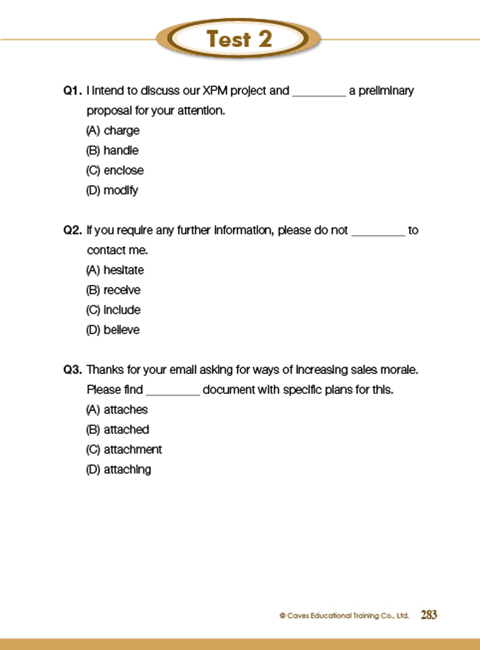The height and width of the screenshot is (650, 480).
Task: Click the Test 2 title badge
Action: click(239, 40)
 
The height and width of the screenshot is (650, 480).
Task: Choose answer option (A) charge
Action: click(113, 131)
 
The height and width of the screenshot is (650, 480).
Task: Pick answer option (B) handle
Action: click(112, 150)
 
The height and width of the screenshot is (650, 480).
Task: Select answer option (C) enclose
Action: click(115, 170)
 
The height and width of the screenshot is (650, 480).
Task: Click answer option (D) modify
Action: click(112, 190)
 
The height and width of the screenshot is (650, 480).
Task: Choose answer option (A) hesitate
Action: click(115, 270)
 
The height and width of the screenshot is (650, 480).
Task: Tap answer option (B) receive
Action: click(113, 290)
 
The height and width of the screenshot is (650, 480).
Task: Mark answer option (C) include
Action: click(113, 310)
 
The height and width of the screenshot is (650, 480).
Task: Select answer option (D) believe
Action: click(113, 330)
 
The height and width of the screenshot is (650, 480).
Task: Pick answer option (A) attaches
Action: click(116, 409)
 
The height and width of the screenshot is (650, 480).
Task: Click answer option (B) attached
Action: click(117, 429)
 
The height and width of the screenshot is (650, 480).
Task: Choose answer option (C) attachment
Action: click(124, 449)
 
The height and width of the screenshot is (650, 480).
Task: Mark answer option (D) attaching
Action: click(118, 469)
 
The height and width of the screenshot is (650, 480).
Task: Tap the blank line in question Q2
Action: click(378, 233)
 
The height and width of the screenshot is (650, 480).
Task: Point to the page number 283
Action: click(429, 615)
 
